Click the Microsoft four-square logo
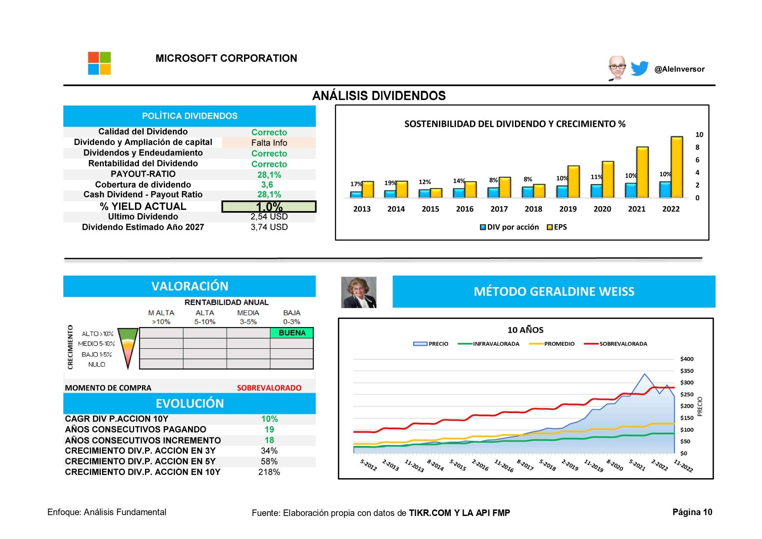click(99, 63)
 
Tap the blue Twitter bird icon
click(639, 68)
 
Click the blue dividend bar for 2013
click(356, 194)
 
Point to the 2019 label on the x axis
click(567, 209)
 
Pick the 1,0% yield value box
click(269, 206)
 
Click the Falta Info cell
click(269, 143)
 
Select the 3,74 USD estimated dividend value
click(269, 227)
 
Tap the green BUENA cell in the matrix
click(292, 333)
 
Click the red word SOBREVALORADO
click(269, 388)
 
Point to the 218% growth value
click(269, 472)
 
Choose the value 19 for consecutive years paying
click(269, 430)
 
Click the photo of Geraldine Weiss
click(359, 292)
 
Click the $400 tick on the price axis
click(686, 359)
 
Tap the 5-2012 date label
click(368, 465)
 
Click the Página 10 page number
click(692, 512)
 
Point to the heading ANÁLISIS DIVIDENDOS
click(379, 96)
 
